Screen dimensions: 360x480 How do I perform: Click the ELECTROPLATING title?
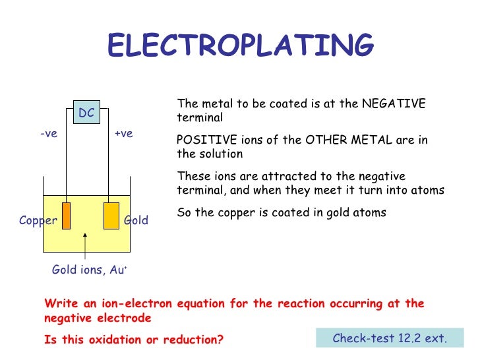[240, 46]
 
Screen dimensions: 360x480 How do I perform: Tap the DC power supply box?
[86, 113]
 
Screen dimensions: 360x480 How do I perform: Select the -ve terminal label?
[49, 133]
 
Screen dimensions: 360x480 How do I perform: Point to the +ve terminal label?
[123, 133]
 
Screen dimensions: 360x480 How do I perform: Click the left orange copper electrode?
[66, 216]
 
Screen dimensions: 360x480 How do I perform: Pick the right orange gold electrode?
[111, 216]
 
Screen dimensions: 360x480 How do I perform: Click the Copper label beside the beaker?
[38, 220]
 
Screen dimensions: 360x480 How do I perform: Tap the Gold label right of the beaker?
[136, 220]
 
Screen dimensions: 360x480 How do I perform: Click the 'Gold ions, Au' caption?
[89, 270]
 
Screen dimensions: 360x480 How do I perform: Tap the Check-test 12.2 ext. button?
[390, 338]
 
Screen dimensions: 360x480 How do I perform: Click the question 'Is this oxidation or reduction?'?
[134, 340]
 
